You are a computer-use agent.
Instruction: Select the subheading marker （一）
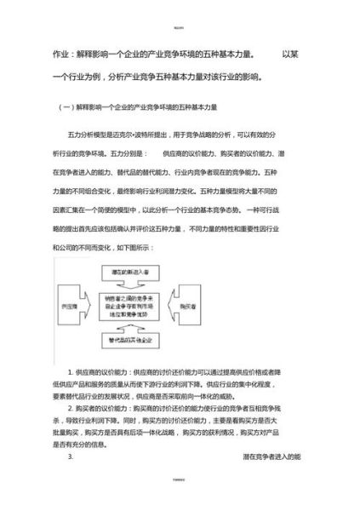(x=63, y=107)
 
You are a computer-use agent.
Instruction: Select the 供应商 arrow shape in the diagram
(x=73, y=305)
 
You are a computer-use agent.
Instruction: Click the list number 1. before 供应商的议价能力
(x=71, y=372)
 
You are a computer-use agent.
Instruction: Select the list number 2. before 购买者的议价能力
(x=71, y=408)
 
